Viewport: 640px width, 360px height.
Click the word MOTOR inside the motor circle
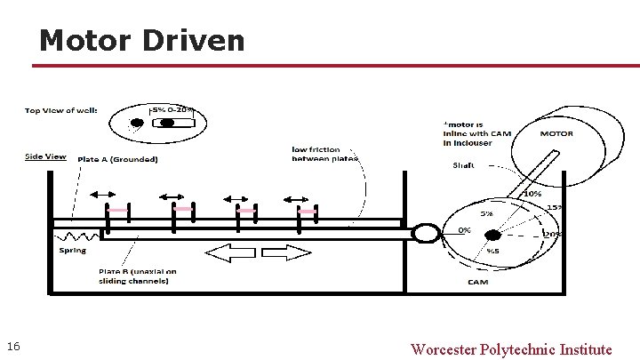pyautogui.click(x=556, y=134)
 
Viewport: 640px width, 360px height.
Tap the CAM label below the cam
pyautogui.click(x=477, y=283)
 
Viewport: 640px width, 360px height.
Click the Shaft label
pyautogui.click(x=463, y=165)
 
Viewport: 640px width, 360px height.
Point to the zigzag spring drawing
pyautogui.click(x=76, y=237)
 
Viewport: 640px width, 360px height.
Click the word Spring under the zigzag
pyautogui.click(x=73, y=251)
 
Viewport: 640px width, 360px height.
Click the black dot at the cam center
pyautogui.click(x=492, y=235)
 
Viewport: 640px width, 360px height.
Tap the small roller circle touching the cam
pyautogui.click(x=425, y=233)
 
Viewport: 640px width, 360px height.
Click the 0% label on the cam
pyautogui.click(x=464, y=229)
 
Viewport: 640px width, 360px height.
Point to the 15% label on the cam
pyautogui.click(x=554, y=208)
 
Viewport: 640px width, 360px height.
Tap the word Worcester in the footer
pyautogui.click(x=443, y=348)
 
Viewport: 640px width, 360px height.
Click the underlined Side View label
pyautogui.click(x=45, y=156)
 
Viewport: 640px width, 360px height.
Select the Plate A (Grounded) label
pyautogui.click(x=118, y=159)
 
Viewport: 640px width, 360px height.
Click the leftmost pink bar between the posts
pyautogui.click(x=116, y=211)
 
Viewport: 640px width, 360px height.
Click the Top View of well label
pyautogui.click(x=60, y=111)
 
